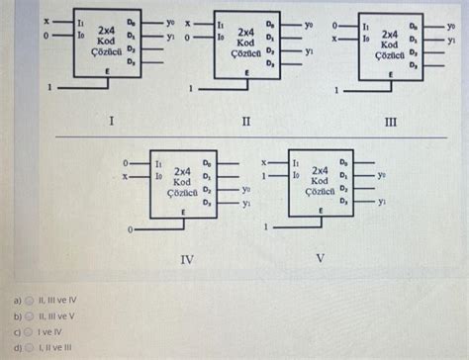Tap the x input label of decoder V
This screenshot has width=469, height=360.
click(264, 160)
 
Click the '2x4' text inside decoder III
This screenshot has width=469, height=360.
click(390, 34)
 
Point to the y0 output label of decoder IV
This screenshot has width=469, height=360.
click(246, 187)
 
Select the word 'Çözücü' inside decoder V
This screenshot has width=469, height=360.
click(320, 192)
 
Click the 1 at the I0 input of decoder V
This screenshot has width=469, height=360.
click(264, 175)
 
